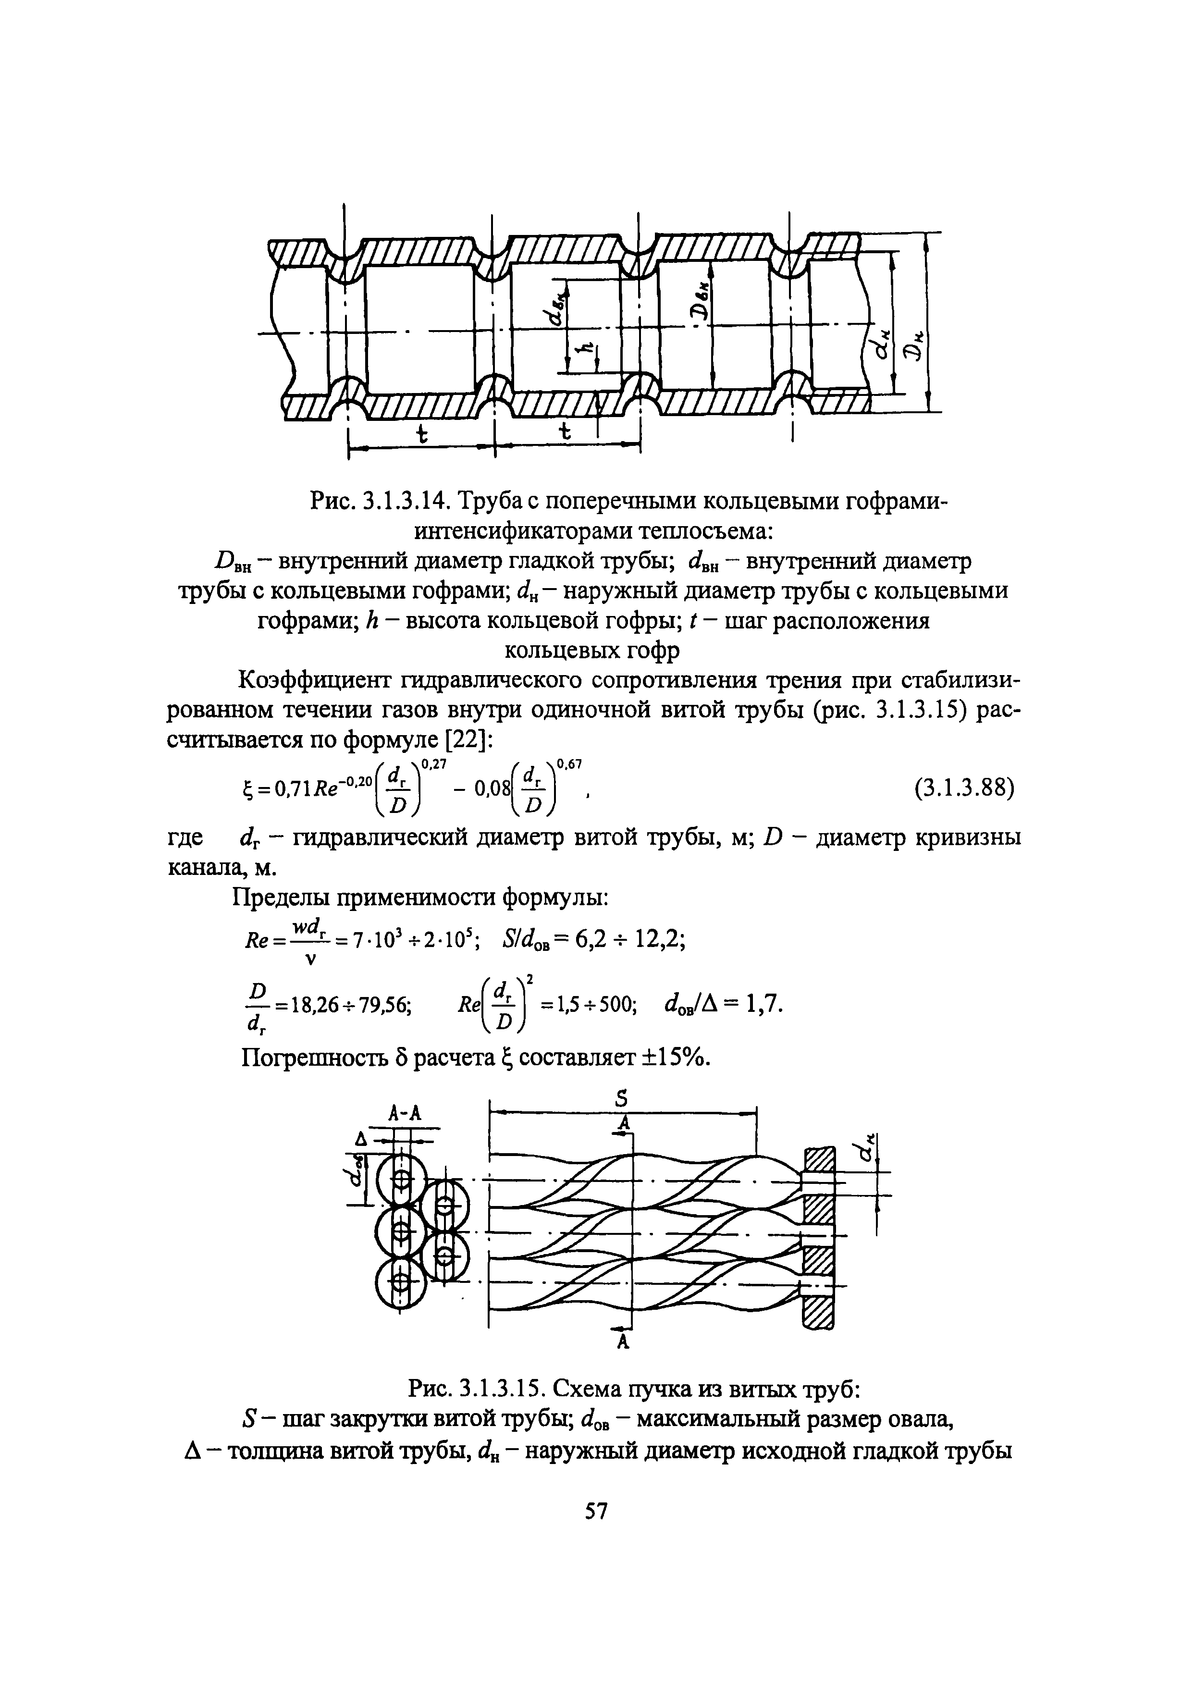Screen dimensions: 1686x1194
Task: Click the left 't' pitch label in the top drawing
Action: point(421,434)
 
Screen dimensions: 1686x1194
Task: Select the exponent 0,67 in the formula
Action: point(570,766)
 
